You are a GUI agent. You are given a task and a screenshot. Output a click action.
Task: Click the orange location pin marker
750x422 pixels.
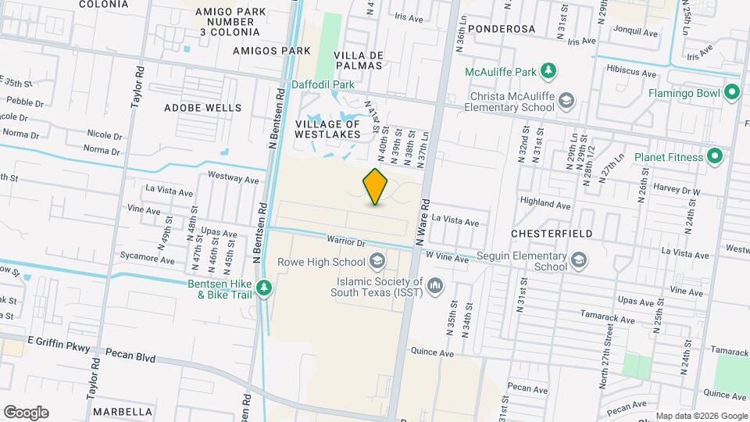coord(376,187)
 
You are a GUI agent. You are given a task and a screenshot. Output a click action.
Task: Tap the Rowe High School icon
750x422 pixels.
coord(377,262)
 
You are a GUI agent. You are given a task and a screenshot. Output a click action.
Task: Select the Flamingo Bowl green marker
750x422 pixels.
coord(732,93)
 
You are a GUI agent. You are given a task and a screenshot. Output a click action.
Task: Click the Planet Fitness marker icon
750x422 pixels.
coord(714,156)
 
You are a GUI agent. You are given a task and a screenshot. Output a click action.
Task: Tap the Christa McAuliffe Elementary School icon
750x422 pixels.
coord(566,100)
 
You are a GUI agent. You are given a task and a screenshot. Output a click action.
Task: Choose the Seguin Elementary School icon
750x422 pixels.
coord(579,260)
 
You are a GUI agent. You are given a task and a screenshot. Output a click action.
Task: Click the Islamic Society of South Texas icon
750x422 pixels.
coord(436,287)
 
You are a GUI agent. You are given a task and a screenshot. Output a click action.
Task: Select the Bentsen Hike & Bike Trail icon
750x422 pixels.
coord(265,288)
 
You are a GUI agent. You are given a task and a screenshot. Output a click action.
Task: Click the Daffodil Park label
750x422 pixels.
coord(323,84)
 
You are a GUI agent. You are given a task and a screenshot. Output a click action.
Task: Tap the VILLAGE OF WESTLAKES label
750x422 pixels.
coord(327,129)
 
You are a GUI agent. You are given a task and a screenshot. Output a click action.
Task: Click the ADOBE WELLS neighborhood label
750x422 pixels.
coord(191,108)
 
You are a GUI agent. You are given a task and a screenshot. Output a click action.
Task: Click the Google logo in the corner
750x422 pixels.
coord(26,412)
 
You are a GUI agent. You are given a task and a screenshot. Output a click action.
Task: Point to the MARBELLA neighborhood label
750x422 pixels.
coord(123,411)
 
